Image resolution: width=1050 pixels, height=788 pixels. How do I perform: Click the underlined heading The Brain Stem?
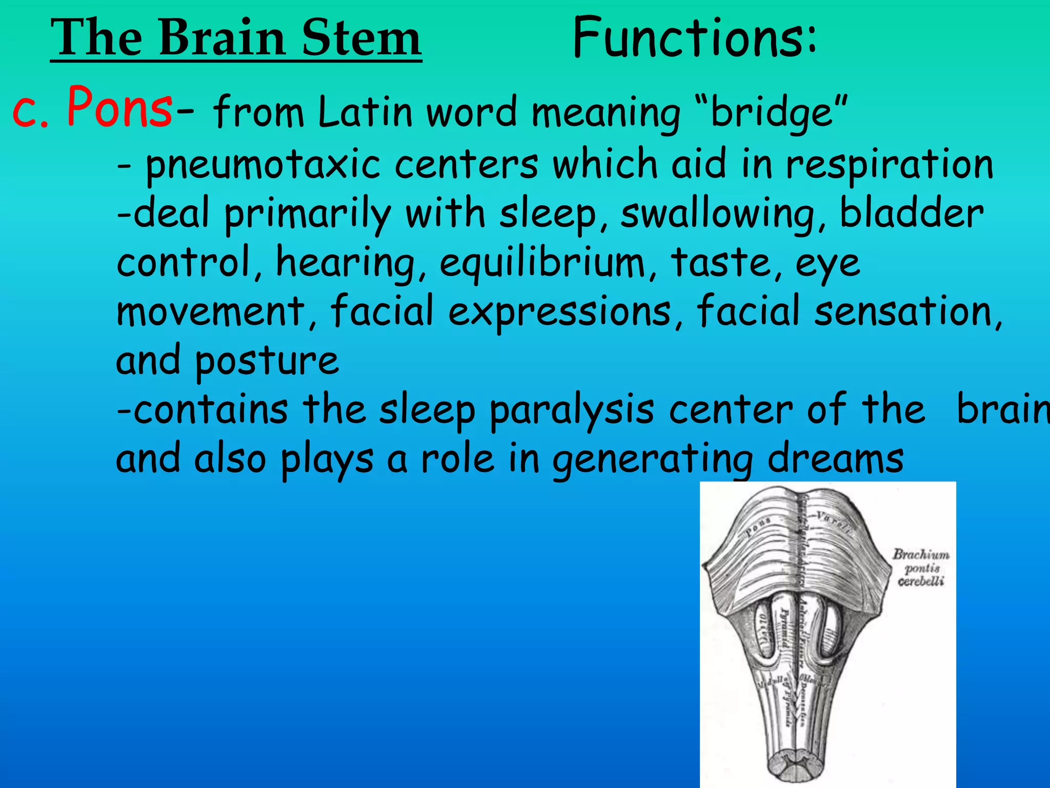pyautogui.click(x=236, y=38)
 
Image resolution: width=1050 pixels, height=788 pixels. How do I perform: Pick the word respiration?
pyautogui.click(x=890, y=165)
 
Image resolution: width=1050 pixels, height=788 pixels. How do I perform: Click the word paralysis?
pyautogui.click(x=572, y=410)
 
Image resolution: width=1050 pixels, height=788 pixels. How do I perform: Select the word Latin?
pyautogui.click(x=365, y=112)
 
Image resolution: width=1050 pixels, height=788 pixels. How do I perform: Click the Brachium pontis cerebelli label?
pyautogui.click(x=921, y=567)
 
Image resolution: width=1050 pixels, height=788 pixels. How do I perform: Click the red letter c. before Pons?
pyautogui.click(x=30, y=112)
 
